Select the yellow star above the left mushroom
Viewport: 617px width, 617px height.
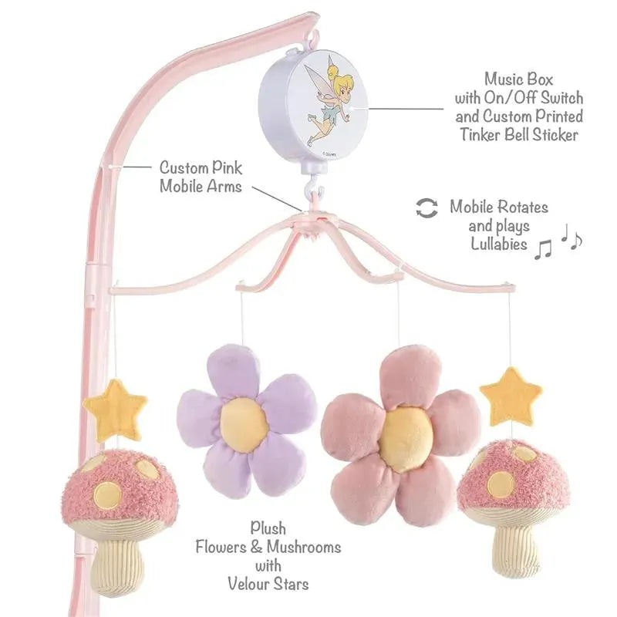(x=116, y=407)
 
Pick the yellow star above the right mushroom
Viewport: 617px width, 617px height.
(x=511, y=396)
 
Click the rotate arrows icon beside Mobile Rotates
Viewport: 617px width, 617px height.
(x=427, y=207)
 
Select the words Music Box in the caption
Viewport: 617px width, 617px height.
(x=518, y=79)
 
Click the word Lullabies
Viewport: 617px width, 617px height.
(x=499, y=244)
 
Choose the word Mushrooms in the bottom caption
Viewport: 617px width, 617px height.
(x=303, y=547)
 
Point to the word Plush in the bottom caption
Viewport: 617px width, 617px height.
(x=268, y=528)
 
